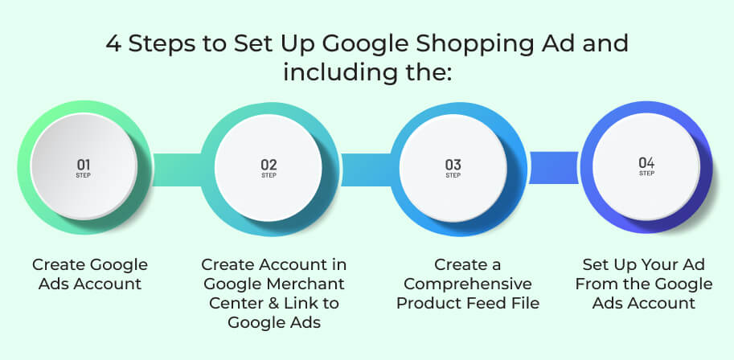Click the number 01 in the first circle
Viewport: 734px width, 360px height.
[x=84, y=165]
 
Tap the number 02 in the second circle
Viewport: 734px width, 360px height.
[x=269, y=165]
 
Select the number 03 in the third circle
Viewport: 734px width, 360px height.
[x=453, y=165]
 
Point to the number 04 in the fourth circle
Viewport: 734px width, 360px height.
[x=646, y=163]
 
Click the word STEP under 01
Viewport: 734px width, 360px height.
[x=84, y=175]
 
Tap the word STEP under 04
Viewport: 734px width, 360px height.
[x=646, y=174]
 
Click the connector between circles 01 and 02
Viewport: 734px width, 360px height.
[x=177, y=170]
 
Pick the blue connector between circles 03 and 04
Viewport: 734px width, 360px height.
[x=554, y=168]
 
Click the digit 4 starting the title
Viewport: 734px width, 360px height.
[x=113, y=44]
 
